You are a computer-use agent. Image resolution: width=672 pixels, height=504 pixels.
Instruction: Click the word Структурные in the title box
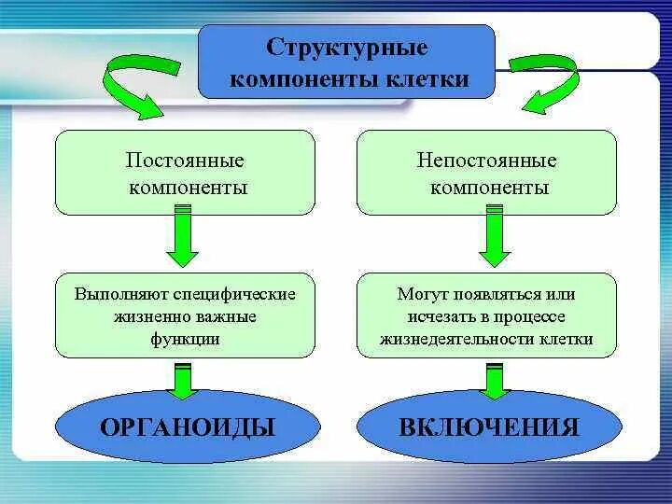point(346,47)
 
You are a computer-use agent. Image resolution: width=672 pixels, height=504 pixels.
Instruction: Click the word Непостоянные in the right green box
point(487,160)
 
